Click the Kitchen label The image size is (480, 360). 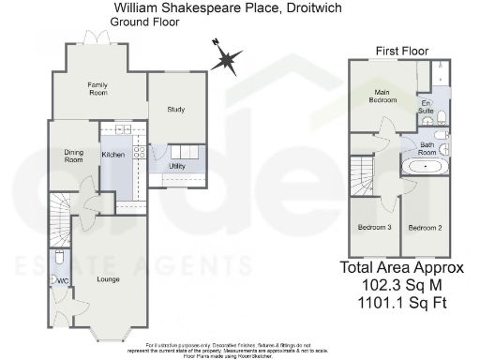pyautogui.click(x=113, y=154)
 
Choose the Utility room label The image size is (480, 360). pyautogui.click(x=176, y=167)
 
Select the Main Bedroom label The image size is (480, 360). pyautogui.click(x=383, y=96)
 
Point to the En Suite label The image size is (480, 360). pyautogui.click(x=426, y=107)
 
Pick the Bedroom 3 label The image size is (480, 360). pyautogui.click(x=375, y=227)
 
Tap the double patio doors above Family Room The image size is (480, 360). pyautogui.click(x=91, y=39)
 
